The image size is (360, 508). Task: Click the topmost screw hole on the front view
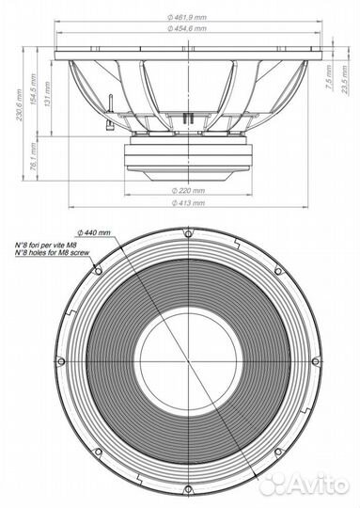tap(188, 232)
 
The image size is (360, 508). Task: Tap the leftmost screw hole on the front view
tap(61, 361)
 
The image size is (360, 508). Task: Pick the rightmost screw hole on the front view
tap(316, 361)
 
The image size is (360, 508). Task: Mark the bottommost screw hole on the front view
tap(188, 489)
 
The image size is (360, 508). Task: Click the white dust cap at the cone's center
tap(188, 361)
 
